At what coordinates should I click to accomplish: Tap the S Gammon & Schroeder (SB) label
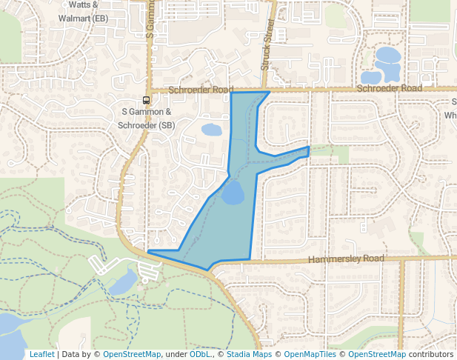(x=147, y=119)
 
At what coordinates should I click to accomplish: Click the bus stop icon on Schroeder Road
(x=147, y=100)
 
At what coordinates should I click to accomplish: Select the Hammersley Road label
(x=345, y=259)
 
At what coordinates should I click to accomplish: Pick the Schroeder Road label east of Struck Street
(x=389, y=88)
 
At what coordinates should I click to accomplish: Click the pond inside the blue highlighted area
(x=233, y=193)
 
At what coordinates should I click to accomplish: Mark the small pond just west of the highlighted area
(x=211, y=130)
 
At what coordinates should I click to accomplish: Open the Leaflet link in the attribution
(x=41, y=354)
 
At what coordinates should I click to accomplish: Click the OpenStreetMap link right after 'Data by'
(x=131, y=354)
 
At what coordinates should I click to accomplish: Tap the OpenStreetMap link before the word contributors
(x=376, y=354)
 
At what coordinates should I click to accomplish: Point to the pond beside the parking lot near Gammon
(x=122, y=282)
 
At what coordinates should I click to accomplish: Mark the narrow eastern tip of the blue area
(x=305, y=152)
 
